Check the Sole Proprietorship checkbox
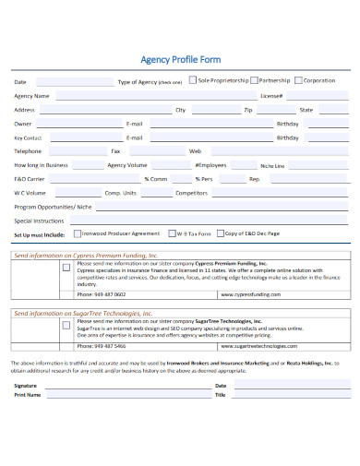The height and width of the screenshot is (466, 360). [x=192, y=80]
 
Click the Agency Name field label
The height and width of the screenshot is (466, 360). [x=31, y=95]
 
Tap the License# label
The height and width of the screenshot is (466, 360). [x=270, y=95]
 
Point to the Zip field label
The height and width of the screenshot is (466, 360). [x=247, y=109]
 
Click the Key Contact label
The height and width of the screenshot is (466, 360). [x=29, y=137]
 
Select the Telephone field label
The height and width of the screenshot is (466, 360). [x=28, y=150]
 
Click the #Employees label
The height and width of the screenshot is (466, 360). [x=210, y=164]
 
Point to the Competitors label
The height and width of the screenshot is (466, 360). [x=191, y=193]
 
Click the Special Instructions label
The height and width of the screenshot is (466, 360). [x=38, y=221]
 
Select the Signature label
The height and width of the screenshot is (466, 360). [x=26, y=385]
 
